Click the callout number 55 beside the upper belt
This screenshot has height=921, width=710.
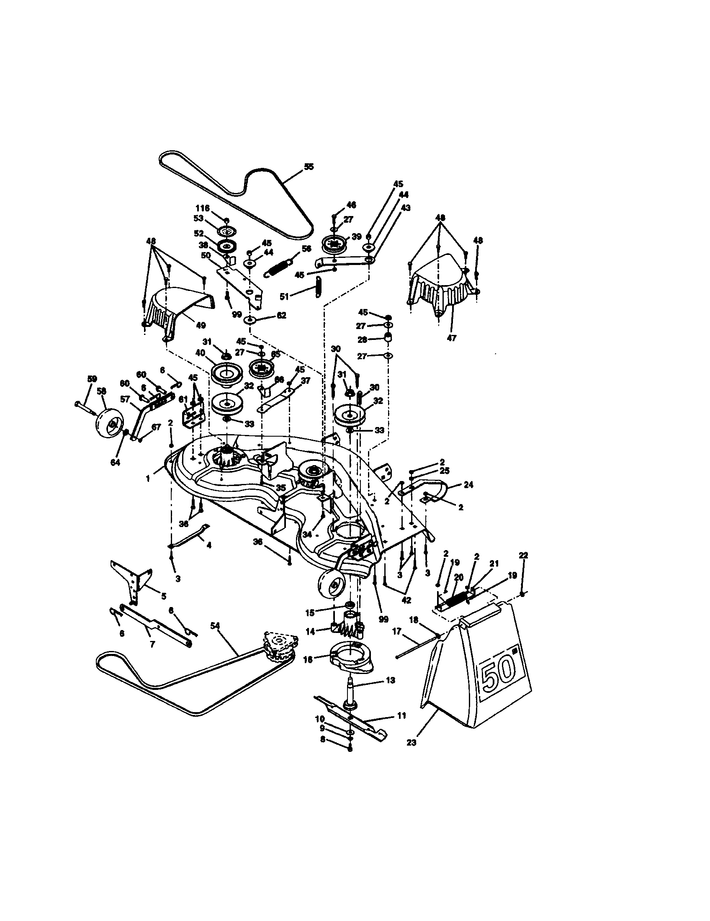pyautogui.click(x=309, y=167)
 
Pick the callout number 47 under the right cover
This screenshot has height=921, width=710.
pyautogui.click(x=451, y=338)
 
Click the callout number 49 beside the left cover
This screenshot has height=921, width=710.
pyautogui.click(x=201, y=325)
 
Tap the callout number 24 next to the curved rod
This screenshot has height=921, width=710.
pyautogui.click(x=468, y=485)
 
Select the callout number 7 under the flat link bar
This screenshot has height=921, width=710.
pyautogui.click(x=152, y=644)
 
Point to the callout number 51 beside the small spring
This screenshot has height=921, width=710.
pyautogui.click(x=284, y=296)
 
